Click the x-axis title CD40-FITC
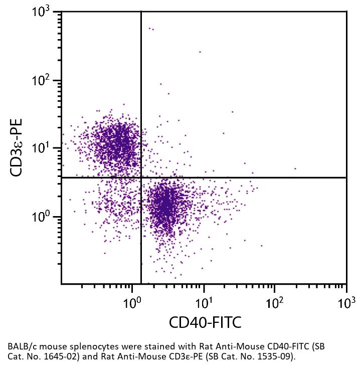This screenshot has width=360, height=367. [205, 322]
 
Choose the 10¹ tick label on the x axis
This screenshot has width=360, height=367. [203, 302]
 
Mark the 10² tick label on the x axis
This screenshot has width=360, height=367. [274, 302]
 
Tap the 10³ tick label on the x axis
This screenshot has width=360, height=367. [345, 302]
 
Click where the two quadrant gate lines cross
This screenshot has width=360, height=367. [141, 177]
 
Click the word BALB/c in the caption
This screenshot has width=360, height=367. [21, 346]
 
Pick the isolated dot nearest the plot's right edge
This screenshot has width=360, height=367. [295, 169]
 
